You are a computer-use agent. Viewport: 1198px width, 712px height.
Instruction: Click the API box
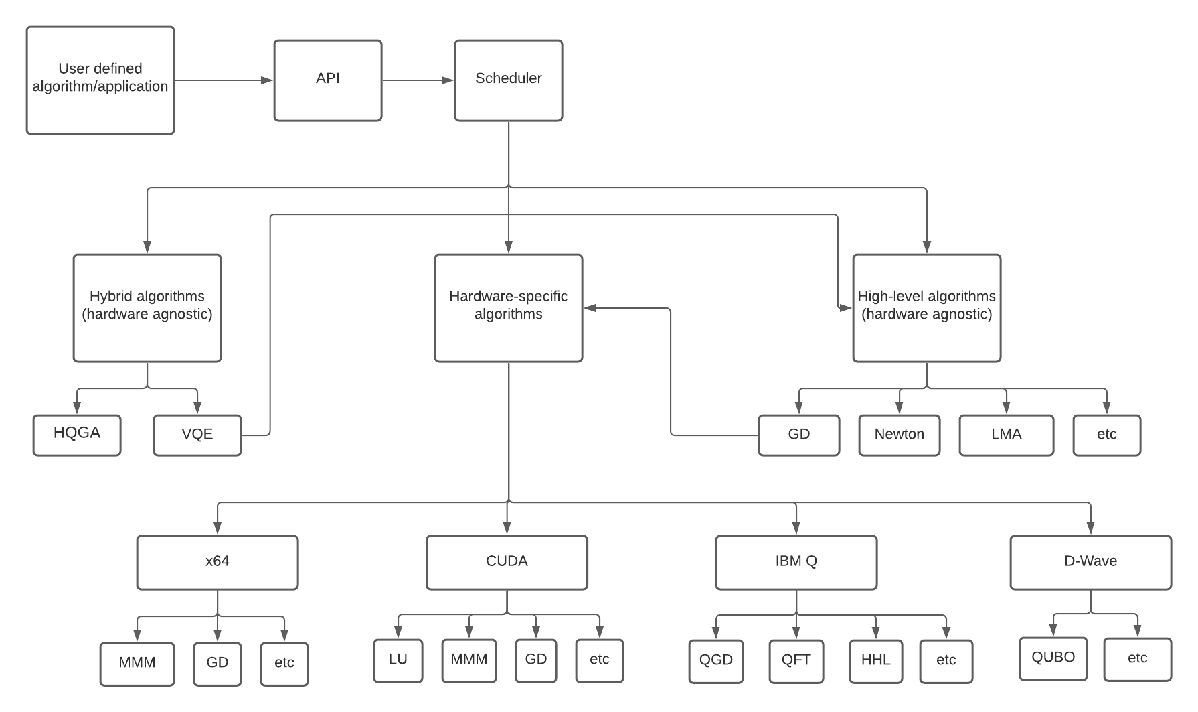tap(328, 80)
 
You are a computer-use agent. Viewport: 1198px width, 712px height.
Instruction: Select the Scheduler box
tap(509, 80)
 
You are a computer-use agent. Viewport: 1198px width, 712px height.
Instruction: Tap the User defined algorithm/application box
tap(100, 80)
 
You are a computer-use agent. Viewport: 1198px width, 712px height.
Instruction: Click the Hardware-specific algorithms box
tap(509, 308)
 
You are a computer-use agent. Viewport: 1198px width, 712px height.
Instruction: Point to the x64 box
tap(218, 563)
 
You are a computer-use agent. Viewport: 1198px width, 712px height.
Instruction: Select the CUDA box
tap(507, 563)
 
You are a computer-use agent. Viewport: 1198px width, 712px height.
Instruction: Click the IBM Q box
tap(796, 563)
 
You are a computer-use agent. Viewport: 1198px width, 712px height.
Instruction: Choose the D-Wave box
tap(1090, 563)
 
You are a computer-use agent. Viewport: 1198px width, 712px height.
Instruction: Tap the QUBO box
tap(1053, 658)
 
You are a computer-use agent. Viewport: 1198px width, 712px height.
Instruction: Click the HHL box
tap(876, 661)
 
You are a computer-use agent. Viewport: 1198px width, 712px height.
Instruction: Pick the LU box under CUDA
tap(398, 660)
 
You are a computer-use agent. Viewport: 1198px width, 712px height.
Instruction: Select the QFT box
tap(796, 661)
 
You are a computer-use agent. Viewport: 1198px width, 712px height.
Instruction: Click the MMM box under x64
tap(137, 664)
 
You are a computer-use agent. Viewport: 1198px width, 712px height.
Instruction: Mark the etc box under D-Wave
tap(1137, 659)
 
